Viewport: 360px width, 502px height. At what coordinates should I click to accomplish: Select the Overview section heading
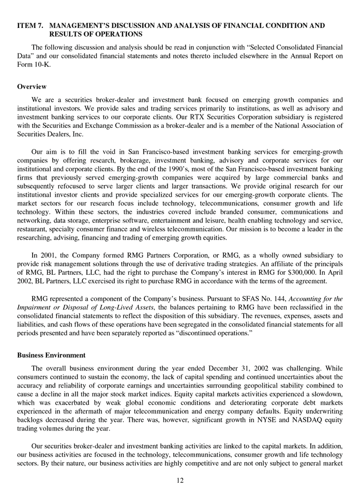click(x=32, y=86)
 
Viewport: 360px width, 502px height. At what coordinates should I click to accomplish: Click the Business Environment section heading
click(x=51, y=356)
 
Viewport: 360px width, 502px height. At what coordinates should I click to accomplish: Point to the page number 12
click(x=180, y=480)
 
